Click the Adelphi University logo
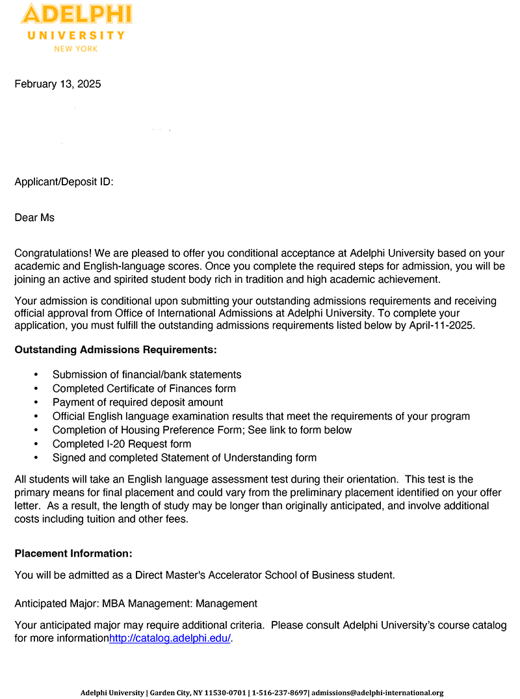point(76,27)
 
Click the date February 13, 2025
point(58,84)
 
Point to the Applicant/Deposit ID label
point(64,181)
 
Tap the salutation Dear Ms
point(34,217)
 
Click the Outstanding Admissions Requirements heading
point(116,350)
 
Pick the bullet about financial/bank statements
point(147,375)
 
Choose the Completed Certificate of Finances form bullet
point(144,388)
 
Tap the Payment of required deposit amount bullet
point(138,402)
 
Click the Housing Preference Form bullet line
point(202,430)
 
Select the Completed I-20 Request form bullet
point(122,444)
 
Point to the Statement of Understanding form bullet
point(185,458)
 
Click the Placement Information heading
point(73,553)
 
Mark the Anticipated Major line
point(136,603)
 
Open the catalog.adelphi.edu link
point(170,639)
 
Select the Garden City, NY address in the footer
point(198,693)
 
